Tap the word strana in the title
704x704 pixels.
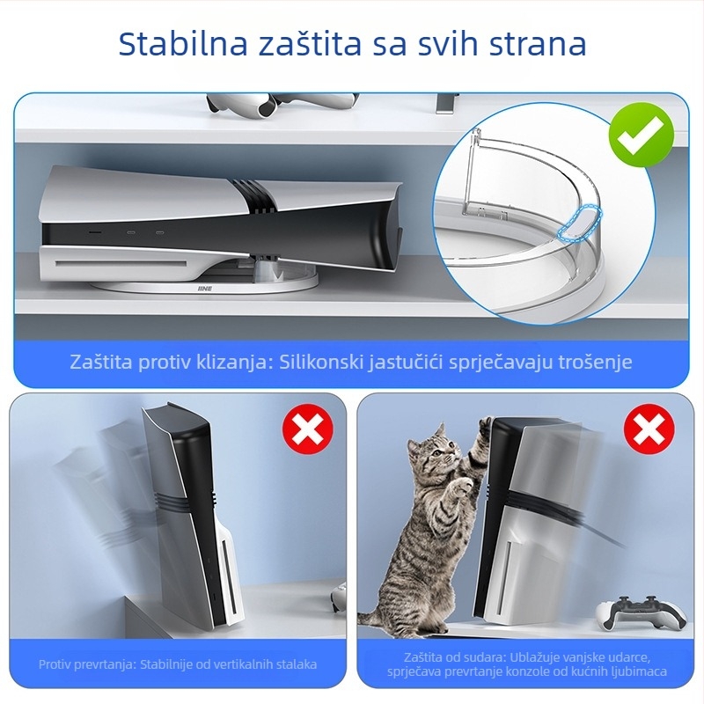pyautogui.click(x=533, y=44)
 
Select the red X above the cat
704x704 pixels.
pyautogui.click(x=649, y=432)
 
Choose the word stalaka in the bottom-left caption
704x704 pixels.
pyautogui.click(x=294, y=664)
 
